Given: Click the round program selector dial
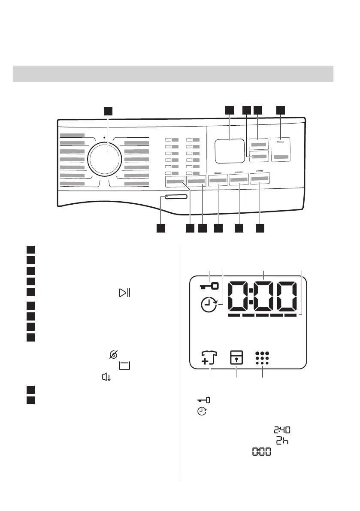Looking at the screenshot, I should coord(104,157).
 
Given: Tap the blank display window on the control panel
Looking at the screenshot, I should coord(229,151).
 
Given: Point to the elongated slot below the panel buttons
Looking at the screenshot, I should coord(174,197).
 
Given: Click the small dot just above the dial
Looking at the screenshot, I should coord(104,138).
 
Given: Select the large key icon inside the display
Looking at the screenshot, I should coord(209,286).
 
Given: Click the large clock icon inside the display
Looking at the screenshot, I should coord(210,306).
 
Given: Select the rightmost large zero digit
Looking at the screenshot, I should coord(287,296).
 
